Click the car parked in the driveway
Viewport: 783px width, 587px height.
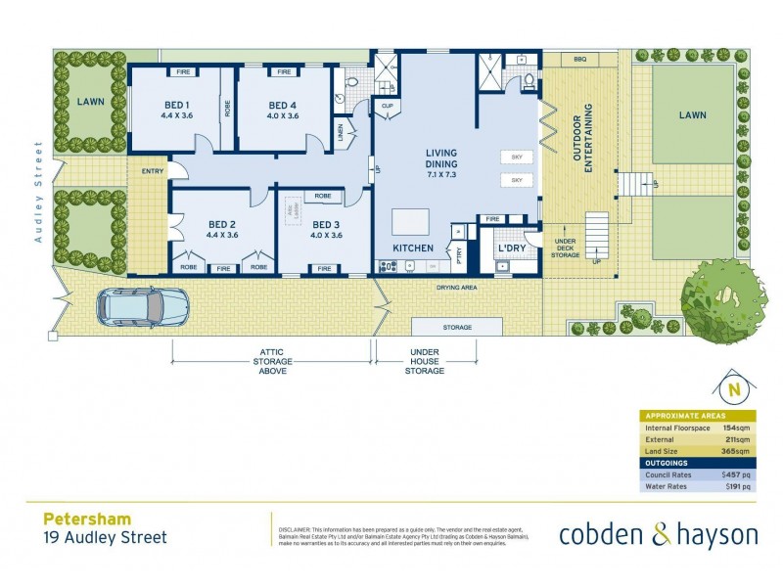click(x=142, y=307)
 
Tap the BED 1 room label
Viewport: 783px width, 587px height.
click(x=176, y=106)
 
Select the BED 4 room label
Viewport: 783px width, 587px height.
click(x=282, y=106)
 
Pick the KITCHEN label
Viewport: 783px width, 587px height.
click(x=413, y=248)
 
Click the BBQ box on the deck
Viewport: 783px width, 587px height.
click(x=579, y=61)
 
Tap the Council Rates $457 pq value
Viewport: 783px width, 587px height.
click(x=736, y=474)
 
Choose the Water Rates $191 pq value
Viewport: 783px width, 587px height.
click(x=737, y=486)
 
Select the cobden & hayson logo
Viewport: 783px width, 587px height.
click(x=659, y=534)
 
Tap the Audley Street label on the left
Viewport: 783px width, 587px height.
click(x=39, y=192)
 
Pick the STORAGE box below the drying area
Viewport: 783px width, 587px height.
click(x=458, y=327)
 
